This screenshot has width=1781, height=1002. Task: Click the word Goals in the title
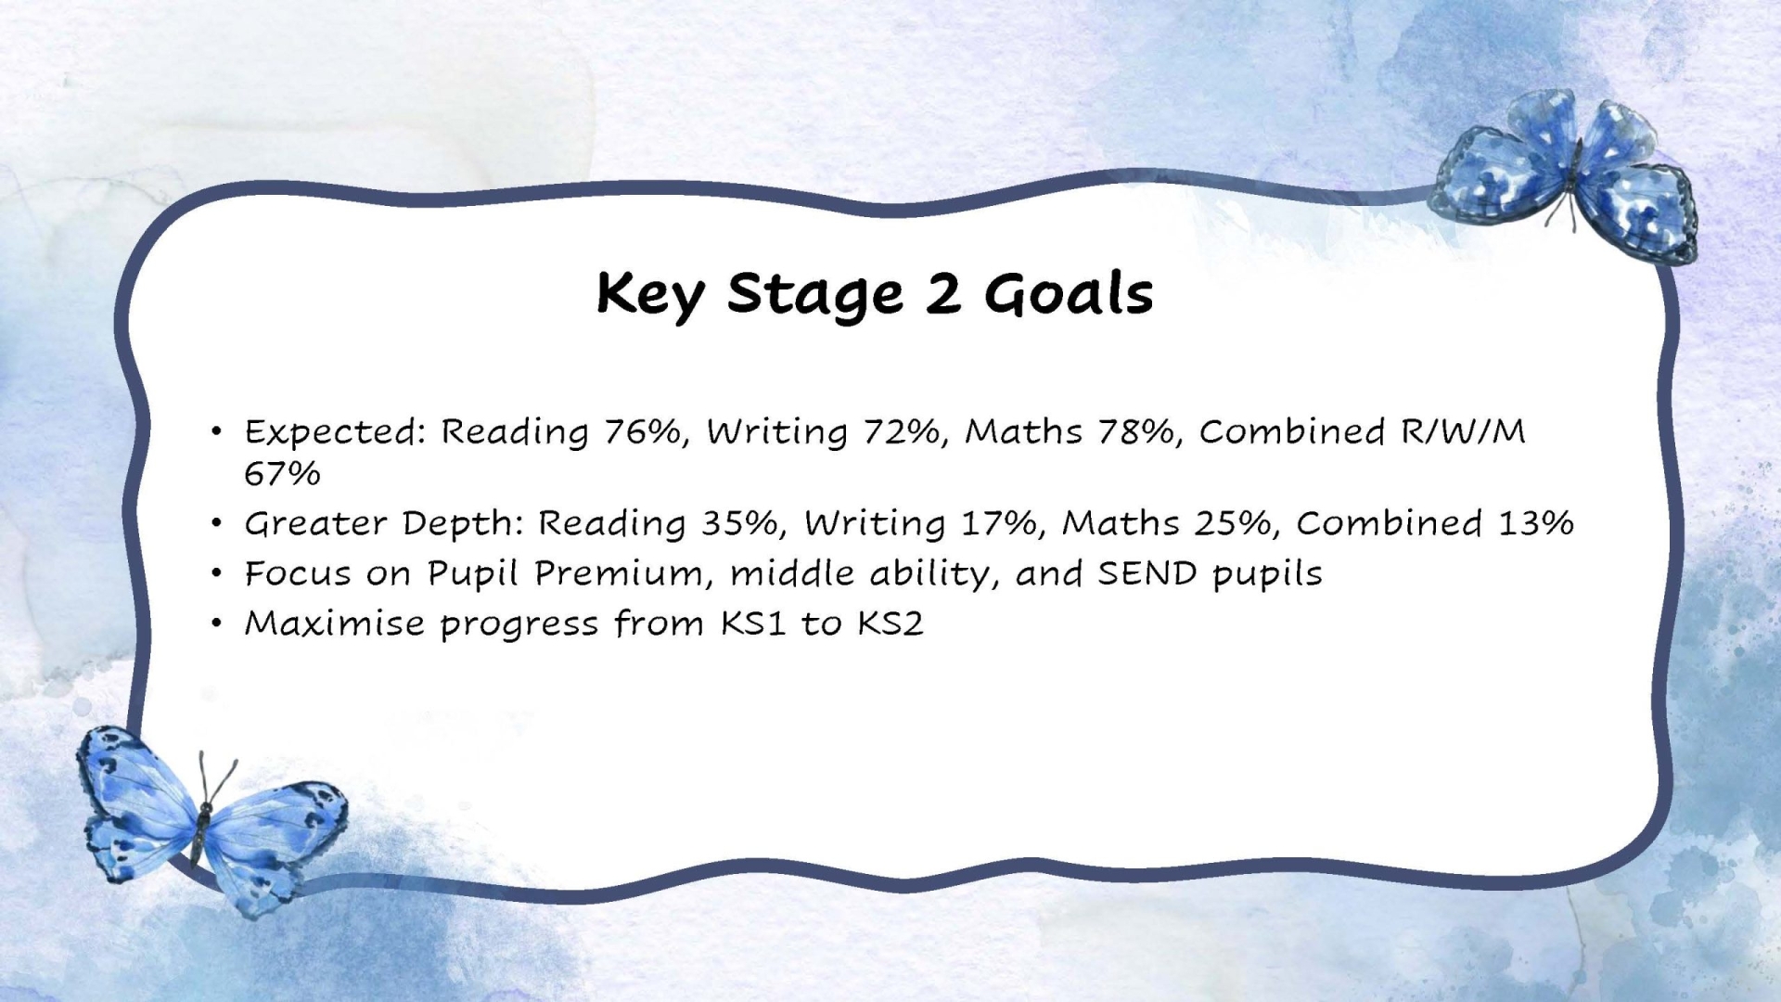(1069, 294)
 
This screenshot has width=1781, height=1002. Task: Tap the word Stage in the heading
(814, 296)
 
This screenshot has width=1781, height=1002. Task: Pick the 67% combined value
(282, 474)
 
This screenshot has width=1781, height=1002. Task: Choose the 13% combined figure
(1536, 523)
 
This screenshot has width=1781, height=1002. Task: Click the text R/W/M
(1463, 432)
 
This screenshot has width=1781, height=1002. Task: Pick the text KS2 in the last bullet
(890, 623)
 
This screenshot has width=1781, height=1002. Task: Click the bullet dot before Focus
(216, 574)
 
